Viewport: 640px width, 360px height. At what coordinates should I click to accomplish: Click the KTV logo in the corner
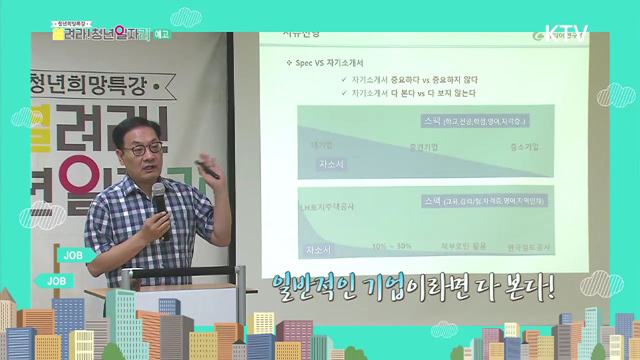coord(569,32)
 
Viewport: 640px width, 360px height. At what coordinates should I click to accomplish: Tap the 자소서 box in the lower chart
coord(319,247)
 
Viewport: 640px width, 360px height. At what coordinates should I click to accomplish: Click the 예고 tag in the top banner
coord(163,31)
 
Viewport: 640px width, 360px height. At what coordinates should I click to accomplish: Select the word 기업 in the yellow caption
coord(390,288)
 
